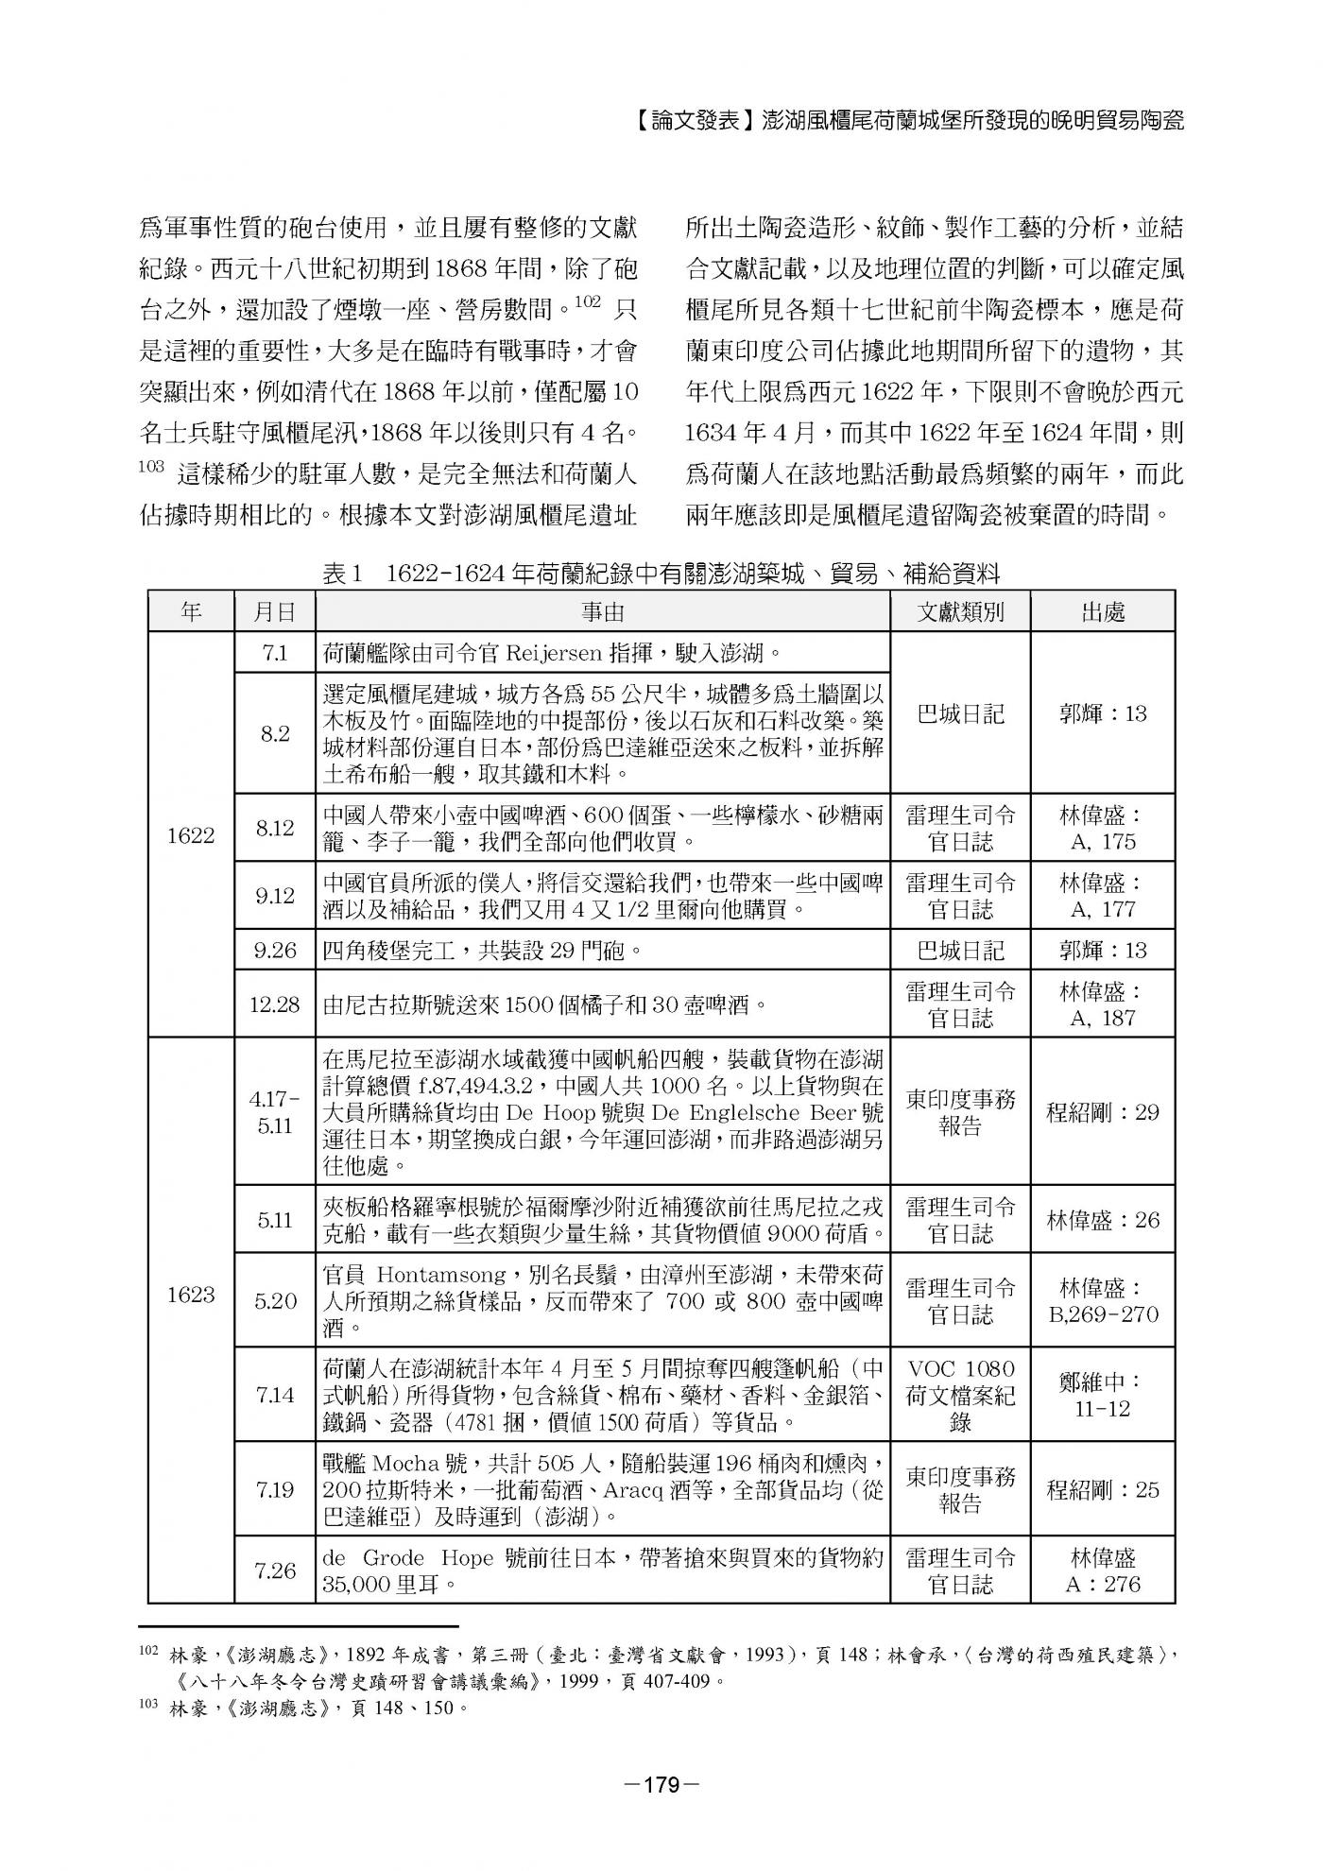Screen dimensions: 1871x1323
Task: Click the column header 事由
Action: click(603, 612)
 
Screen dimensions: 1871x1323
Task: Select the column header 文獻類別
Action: click(960, 612)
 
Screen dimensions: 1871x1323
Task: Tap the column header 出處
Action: click(1103, 612)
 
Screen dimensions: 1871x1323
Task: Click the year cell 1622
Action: click(191, 835)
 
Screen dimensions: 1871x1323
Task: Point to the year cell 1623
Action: click(191, 1295)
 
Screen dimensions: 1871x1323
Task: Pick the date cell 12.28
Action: click(274, 1004)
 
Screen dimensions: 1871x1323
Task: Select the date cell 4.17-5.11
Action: click(274, 1112)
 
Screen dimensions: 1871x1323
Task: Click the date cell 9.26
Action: click(274, 951)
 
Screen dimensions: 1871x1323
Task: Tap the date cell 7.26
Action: click(274, 1571)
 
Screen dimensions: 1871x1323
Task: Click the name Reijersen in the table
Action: click(549, 653)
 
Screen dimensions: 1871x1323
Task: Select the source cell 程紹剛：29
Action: click(1103, 1112)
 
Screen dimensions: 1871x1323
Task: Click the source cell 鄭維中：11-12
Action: click(1103, 1395)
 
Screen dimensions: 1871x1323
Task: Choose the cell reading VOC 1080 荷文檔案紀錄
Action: click(960, 1396)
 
